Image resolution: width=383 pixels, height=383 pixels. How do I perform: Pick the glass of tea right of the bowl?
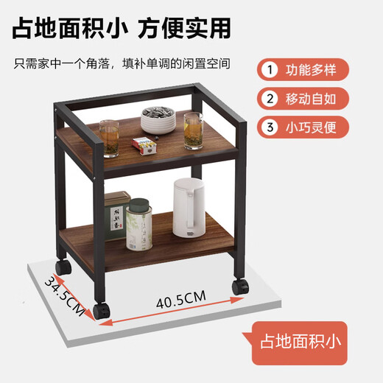(x=193, y=130)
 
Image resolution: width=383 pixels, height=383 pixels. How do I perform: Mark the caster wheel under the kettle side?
(x=238, y=286)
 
